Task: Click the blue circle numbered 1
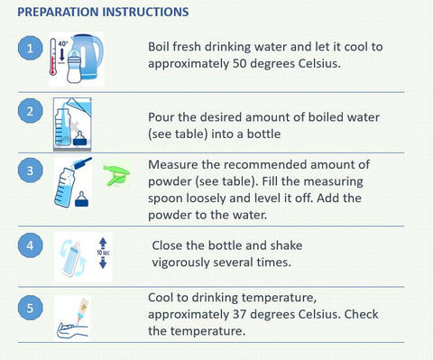(30, 48)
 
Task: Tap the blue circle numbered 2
(30, 111)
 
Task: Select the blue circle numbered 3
(30, 171)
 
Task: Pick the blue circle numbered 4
(30, 245)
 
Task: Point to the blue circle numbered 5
(30, 308)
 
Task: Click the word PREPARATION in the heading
(58, 12)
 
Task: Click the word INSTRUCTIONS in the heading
(146, 12)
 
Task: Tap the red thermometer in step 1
(53, 57)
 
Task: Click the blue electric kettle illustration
(88, 56)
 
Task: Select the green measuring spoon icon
(116, 174)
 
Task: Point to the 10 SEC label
(103, 253)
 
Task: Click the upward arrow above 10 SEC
(103, 243)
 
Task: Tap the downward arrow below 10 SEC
(103, 263)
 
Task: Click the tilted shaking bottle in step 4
(71, 258)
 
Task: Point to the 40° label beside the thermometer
(63, 43)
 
